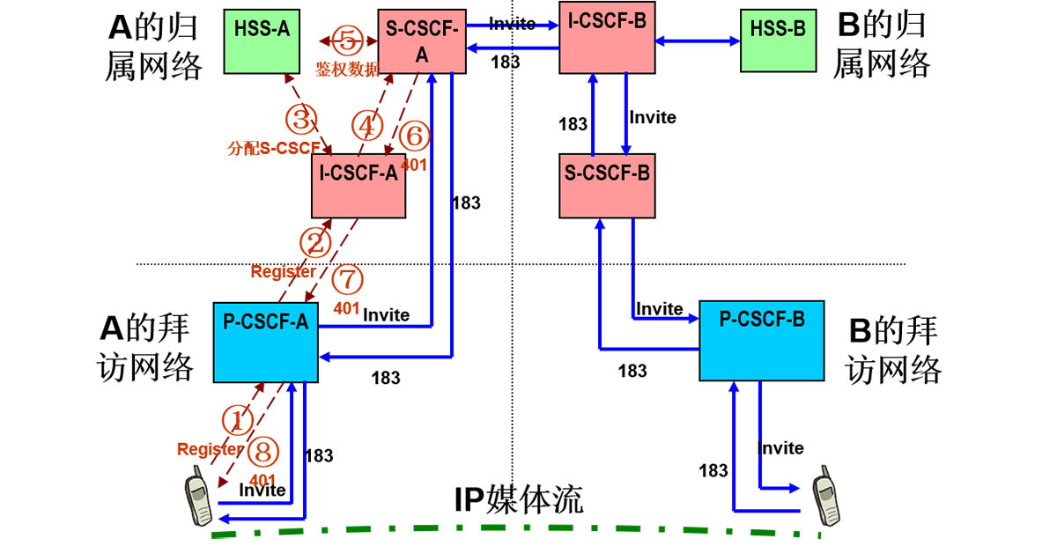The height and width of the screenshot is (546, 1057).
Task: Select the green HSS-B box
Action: click(x=778, y=41)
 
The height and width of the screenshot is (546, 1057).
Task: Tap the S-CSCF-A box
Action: click(x=421, y=42)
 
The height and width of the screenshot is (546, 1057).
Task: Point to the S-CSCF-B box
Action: click(x=607, y=185)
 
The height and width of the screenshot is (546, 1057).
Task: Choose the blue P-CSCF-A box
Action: click(x=265, y=342)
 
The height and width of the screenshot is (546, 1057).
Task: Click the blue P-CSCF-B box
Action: click(x=762, y=340)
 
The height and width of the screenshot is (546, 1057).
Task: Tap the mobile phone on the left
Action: click(x=199, y=501)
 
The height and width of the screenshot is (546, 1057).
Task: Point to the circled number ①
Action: click(x=236, y=420)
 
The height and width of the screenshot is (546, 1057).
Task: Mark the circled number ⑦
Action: click(x=349, y=281)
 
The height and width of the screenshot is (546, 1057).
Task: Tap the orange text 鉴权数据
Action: click(x=347, y=69)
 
